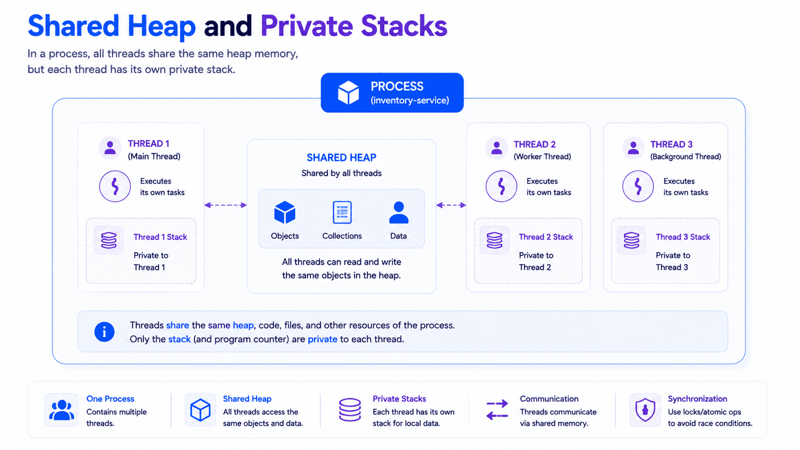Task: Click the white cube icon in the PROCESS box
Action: pyautogui.click(x=348, y=92)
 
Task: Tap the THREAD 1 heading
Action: pyautogui.click(x=149, y=143)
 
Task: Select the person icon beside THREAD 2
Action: pyautogui.click(x=497, y=148)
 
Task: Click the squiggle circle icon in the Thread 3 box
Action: pyautogui.click(x=638, y=187)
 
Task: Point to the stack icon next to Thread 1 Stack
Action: pyautogui.click(x=109, y=240)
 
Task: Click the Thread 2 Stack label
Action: pyautogui.click(x=546, y=237)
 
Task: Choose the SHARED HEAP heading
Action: pyautogui.click(x=342, y=157)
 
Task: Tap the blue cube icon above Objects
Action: pyautogui.click(x=285, y=212)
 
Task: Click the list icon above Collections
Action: pyautogui.click(x=342, y=212)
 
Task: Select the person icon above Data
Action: pyautogui.click(x=399, y=213)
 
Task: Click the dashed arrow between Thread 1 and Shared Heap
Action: pyautogui.click(x=226, y=205)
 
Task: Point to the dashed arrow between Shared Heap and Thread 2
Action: pyautogui.click(x=451, y=205)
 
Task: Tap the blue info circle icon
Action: pyautogui.click(x=104, y=332)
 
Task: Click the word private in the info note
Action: pyautogui.click(x=322, y=339)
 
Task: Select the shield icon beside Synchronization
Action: pyautogui.click(x=645, y=410)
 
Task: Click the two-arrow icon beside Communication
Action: pyautogui.click(x=497, y=410)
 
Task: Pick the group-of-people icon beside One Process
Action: pyautogui.click(x=61, y=410)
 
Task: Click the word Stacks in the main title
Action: pyautogui.click(x=404, y=26)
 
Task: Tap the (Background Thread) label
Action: pyautogui.click(x=685, y=157)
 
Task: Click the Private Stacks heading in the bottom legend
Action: pyautogui.click(x=400, y=399)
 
